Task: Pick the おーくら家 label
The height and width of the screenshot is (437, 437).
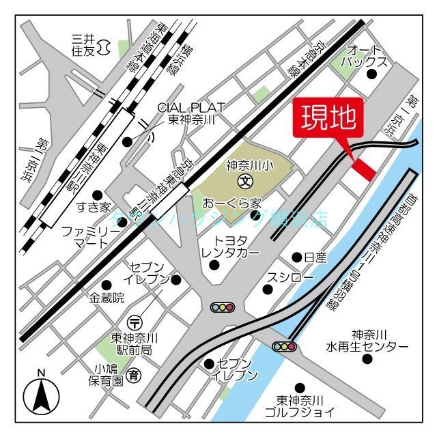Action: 236,203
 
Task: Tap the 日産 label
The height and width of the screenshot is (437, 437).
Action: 315,257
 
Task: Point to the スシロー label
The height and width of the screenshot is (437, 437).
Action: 290,278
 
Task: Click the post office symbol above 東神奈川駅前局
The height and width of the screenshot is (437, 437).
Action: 135,322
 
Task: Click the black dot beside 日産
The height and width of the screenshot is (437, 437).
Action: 296,257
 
